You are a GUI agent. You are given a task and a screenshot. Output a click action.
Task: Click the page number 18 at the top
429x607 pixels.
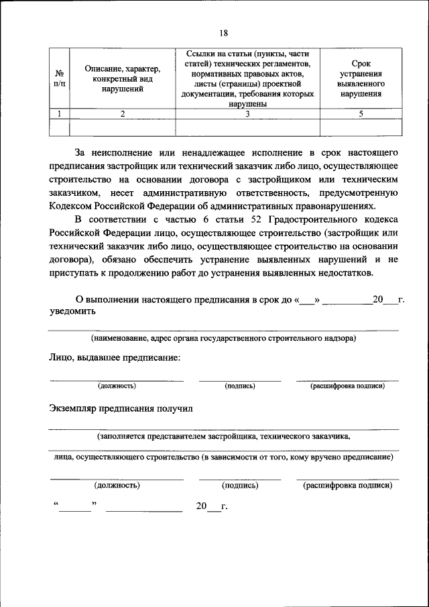(223, 33)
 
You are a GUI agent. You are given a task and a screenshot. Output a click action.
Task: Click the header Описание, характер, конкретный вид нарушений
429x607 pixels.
(123, 78)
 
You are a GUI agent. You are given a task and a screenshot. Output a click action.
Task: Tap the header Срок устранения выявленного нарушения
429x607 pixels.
(361, 78)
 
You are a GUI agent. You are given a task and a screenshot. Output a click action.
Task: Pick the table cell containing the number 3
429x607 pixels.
(247, 114)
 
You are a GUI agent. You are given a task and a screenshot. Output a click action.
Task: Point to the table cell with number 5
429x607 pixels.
(361, 114)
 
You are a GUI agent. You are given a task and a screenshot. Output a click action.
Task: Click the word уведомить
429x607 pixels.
(72, 311)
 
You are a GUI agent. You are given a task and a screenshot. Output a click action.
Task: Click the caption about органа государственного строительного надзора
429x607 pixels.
(223, 338)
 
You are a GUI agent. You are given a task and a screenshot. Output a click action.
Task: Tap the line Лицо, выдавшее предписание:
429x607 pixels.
(115, 357)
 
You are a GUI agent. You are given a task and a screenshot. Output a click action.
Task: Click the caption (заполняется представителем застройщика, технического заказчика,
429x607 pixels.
(223, 435)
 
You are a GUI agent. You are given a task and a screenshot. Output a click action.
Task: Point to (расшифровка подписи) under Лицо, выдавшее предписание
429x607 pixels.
(347, 386)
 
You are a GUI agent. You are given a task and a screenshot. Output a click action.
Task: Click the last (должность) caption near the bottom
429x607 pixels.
(117, 484)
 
